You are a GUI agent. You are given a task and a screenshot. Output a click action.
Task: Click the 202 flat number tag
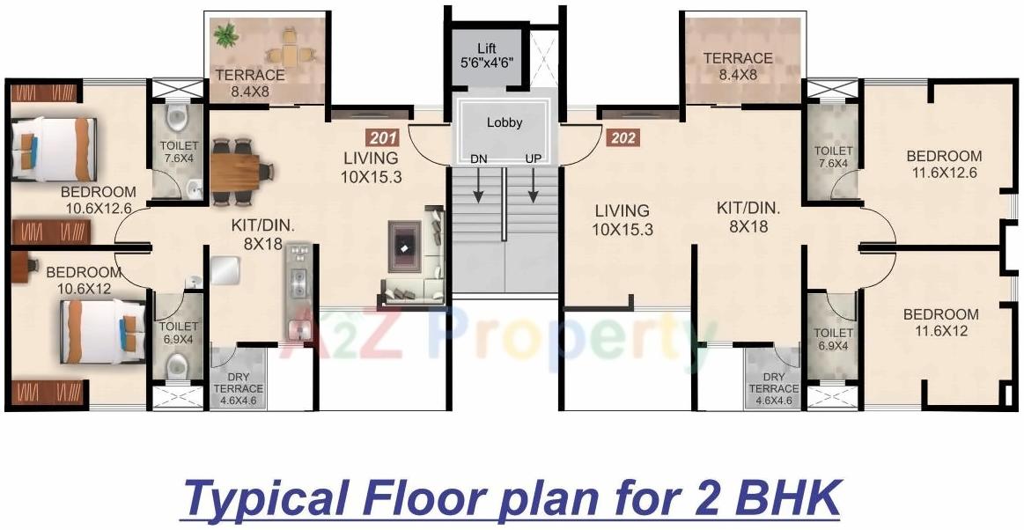622,137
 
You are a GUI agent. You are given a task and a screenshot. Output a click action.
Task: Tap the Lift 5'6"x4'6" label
487,55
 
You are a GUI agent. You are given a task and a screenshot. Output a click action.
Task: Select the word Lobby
505,123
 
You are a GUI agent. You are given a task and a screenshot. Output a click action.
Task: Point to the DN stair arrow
479,184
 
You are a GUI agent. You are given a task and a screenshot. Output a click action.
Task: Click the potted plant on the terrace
226,36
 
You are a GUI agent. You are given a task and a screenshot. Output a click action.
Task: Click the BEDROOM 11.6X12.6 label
944,164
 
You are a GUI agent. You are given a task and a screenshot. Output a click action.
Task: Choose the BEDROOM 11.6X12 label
941,322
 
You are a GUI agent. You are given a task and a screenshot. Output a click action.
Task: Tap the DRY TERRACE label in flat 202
774,388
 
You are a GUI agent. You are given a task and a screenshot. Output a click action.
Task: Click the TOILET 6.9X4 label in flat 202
833,340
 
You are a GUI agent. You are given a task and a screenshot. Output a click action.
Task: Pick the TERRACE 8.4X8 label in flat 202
738,66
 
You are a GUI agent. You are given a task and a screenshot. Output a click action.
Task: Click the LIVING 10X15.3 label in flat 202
622,219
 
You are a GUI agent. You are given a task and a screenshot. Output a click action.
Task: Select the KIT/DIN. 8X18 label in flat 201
263,233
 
